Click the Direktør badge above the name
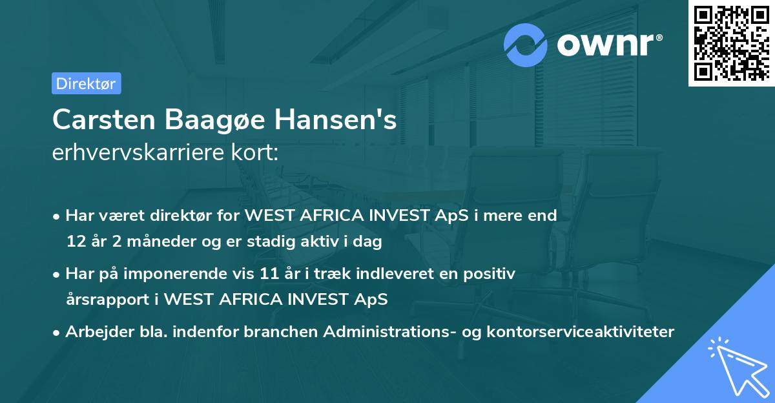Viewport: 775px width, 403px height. coord(86,83)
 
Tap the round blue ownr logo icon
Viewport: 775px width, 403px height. coord(526,45)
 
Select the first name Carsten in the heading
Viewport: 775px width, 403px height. coord(103,120)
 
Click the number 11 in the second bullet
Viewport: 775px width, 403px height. coord(268,274)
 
